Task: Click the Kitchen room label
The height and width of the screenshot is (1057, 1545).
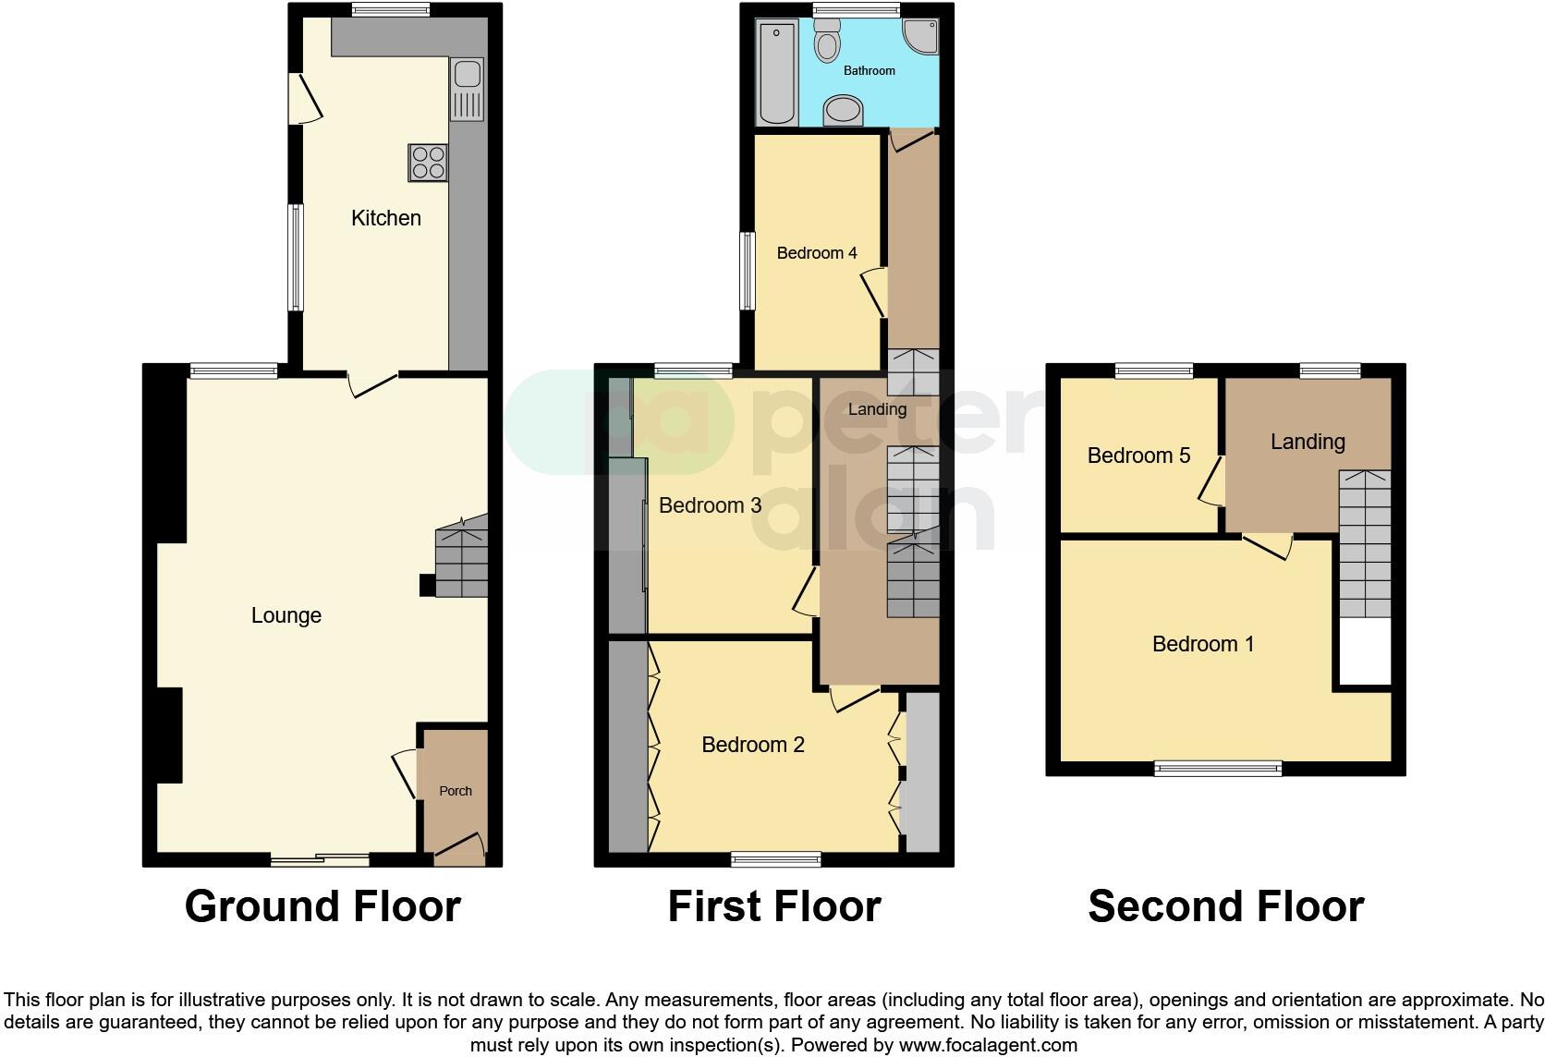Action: (x=385, y=218)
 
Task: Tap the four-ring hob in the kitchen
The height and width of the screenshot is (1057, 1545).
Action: (x=428, y=163)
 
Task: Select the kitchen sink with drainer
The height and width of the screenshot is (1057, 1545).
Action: (x=467, y=89)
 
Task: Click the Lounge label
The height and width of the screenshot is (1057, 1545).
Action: (x=286, y=615)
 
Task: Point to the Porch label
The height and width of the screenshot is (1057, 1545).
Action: (x=455, y=791)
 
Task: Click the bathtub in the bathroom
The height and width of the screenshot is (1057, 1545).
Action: (x=776, y=73)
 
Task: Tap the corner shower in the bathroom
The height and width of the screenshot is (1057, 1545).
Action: (x=921, y=36)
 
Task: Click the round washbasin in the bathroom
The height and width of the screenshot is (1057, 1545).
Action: (x=843, y=111)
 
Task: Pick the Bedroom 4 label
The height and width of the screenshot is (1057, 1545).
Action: (x=817, y=252)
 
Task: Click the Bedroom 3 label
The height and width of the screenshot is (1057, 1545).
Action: (x=710, y=505)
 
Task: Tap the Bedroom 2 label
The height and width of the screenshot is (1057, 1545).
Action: (x=753, y=745)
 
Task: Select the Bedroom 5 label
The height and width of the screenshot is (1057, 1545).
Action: (x=1138, y=456)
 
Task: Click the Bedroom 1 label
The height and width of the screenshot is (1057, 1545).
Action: (x=1203, y=644)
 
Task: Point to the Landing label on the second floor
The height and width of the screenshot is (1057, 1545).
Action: (x=1308, y=442)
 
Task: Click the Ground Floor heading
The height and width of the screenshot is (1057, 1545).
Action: (x=322, y=906)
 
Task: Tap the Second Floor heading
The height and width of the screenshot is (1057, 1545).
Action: (x=1225, y=906)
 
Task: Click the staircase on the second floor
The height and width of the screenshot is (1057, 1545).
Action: (x=1365, y=545)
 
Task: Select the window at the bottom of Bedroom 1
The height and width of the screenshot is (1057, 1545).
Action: (x=1218, y=768)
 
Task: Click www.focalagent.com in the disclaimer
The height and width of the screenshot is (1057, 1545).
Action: (x=988, y=1045)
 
